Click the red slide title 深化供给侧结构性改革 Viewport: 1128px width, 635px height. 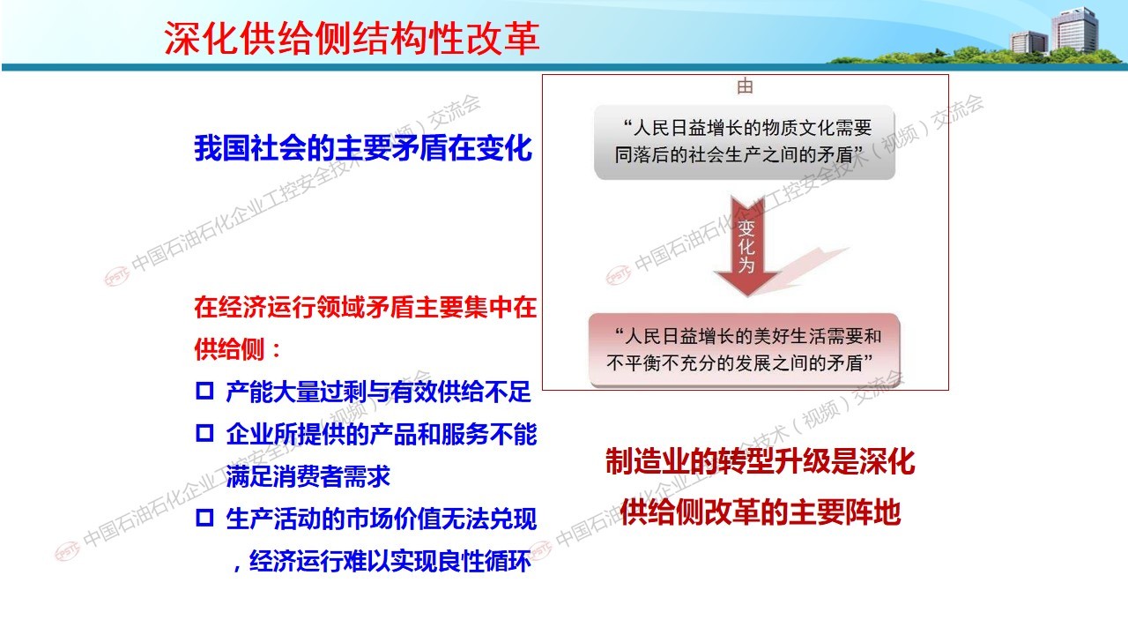(x=352, y=39)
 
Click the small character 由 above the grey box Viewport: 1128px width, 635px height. (x=745, y=86)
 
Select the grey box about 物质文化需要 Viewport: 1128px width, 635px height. (x=745, y=142)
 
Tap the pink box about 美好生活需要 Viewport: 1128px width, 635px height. (x=745, y=350)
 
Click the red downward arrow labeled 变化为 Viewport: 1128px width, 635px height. (x=747, y=246)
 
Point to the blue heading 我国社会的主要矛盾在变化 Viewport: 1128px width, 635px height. (x=363, y=148)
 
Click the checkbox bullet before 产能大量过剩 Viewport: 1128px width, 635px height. (x=204, y=391)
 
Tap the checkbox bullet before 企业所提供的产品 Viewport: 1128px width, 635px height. (x=204, y=433)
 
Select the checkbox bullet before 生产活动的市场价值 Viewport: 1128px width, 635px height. (x=204, y=518)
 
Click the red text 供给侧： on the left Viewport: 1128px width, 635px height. (x=237, y=348)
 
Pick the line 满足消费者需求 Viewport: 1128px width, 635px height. (x=308, y=476)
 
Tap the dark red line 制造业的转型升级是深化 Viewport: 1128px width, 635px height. (x=760, y=461)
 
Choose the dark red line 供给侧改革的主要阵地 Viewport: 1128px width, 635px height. (x=760, y=512)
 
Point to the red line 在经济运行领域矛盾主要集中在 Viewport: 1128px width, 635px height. (x=366, y=307)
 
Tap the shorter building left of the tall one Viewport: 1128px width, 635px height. (x=1028, y=42)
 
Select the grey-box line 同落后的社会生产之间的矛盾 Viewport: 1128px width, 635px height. (x=738, y=154)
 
